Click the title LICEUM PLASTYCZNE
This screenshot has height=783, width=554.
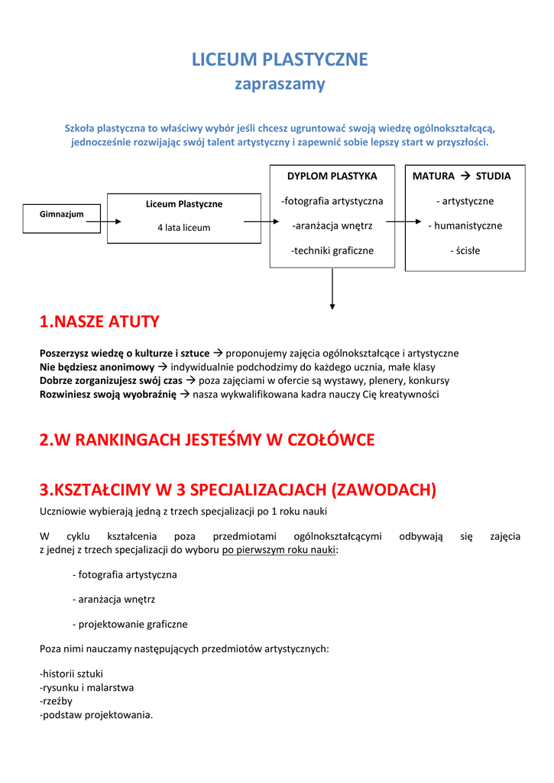279,60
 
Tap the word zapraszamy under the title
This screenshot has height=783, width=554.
279,84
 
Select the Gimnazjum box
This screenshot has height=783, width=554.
62,214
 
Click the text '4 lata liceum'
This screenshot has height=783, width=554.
183,228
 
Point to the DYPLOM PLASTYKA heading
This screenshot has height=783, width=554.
332,176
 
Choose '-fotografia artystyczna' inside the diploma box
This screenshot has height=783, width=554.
332,201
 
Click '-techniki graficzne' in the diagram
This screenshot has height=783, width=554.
332,250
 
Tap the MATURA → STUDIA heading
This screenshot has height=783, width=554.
462,176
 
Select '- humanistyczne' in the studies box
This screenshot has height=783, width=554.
465,226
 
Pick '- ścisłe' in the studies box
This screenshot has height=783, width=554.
465,250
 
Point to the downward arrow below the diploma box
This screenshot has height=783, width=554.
332,289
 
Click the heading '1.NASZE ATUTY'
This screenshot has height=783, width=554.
99,322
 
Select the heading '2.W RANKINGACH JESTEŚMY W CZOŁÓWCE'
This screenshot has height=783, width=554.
207,440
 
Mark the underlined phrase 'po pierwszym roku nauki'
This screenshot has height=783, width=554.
279,549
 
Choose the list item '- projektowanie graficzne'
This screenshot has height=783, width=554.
130,624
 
